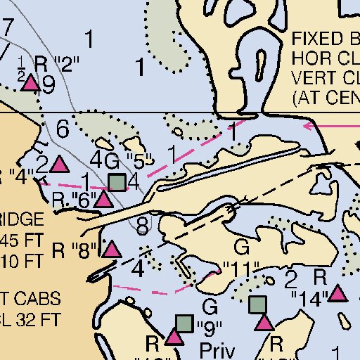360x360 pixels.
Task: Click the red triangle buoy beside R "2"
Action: tap(30, 84)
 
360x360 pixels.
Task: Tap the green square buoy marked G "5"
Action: tap(118, 182)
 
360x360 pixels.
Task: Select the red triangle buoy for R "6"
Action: tap(104, 199)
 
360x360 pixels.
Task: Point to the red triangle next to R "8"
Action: tap(111, 248)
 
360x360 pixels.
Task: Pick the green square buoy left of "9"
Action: tap(184, 323)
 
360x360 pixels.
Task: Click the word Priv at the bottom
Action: tap(215, 349)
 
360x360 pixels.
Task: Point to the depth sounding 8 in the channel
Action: tap(143, 226)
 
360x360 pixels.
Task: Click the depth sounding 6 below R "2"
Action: tap(63, 129)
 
